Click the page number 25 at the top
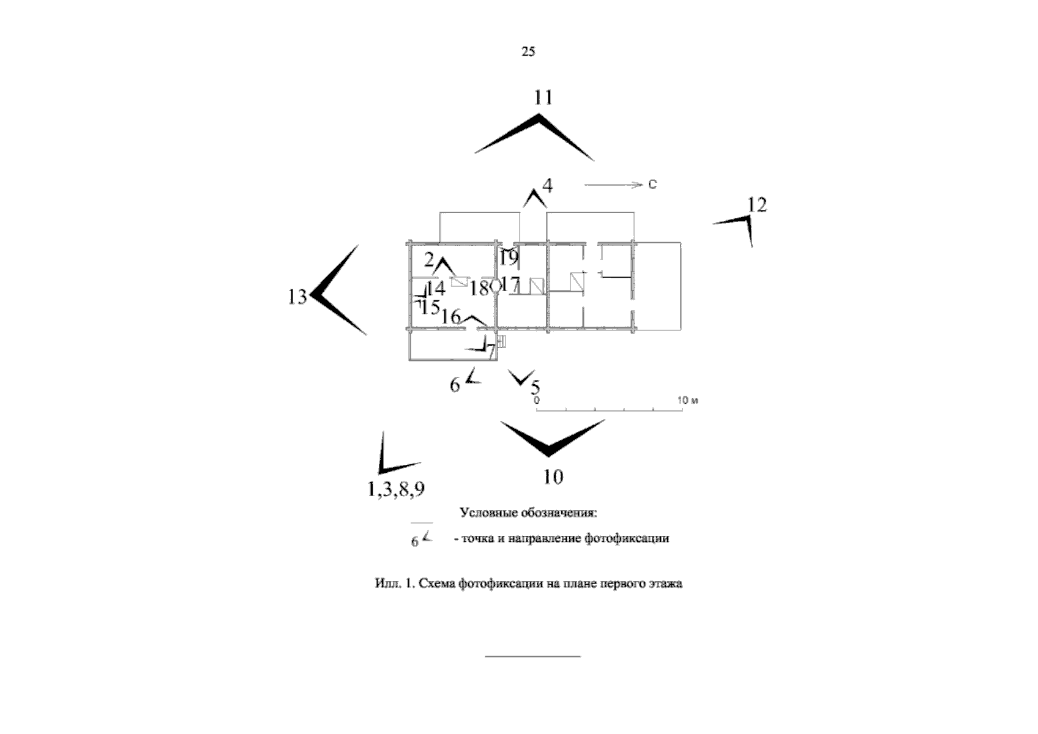(528, 51)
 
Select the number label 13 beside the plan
(297, 297)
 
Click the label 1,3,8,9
(396, 489)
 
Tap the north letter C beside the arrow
(652, 184)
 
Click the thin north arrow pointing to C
(613, 185)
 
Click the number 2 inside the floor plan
(429, 260)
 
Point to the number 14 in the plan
(436, 288)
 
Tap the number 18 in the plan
(479, 288)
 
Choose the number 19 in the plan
(509, 258)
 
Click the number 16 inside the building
(450, 317)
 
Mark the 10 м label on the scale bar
(688, 400)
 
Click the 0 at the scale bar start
(537, 400)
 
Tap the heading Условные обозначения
(528, 513)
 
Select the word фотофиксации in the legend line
(627, 538)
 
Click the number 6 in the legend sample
(415, 541)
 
